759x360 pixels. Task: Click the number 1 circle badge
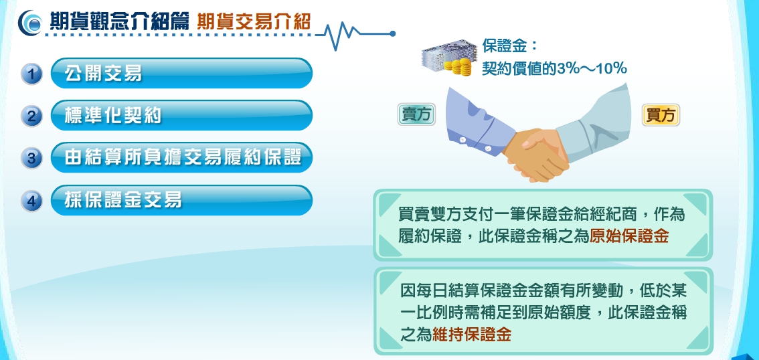click(32, 74)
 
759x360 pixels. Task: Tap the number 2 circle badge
click(32, 116)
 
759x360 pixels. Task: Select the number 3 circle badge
click(32, 158)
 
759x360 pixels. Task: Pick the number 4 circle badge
click(32, 200)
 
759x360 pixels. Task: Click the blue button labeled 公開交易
click(181, 73)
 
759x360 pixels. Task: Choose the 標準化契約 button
click(181, 115)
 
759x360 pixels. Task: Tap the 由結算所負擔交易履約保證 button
click(181, 157)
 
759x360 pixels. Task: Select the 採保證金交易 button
click(181, 200)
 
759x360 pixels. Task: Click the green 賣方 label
click(416, 114)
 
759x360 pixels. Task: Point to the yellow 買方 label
click(661, 115)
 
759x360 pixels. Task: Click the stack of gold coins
click(459, 68)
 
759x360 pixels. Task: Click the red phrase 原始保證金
click(628, 237)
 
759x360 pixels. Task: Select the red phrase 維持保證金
click(471, 335)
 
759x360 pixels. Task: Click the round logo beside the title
click(30, 23)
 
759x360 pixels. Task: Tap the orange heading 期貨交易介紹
click(254, 22)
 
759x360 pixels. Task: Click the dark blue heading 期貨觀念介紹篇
click(119, 22)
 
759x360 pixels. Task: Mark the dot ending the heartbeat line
click(393, 34)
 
